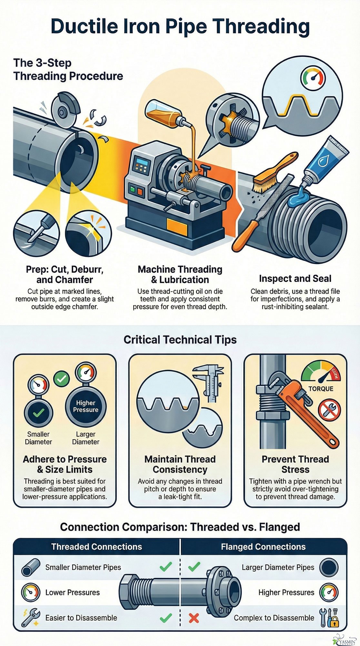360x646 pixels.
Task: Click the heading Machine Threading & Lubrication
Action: pos(180,274)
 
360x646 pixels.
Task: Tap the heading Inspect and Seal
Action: pos(295,278)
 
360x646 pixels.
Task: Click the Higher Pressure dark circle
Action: pos(85,406)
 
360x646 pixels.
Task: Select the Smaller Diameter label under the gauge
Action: pos(38,438)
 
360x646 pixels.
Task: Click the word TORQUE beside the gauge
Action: pos(321,389)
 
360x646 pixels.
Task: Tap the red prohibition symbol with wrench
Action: pos(329,410)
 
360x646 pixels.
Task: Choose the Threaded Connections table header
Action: pos(96,547)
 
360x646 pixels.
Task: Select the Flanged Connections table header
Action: pos(263,547)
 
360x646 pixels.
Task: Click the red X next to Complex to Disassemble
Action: pos(194,618)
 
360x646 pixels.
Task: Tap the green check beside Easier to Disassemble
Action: pos(166,618)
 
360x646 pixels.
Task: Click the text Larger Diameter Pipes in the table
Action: pos(278,568)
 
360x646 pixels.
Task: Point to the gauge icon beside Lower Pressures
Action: pos(30,592)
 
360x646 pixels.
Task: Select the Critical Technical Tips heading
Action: pos(180,340)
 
